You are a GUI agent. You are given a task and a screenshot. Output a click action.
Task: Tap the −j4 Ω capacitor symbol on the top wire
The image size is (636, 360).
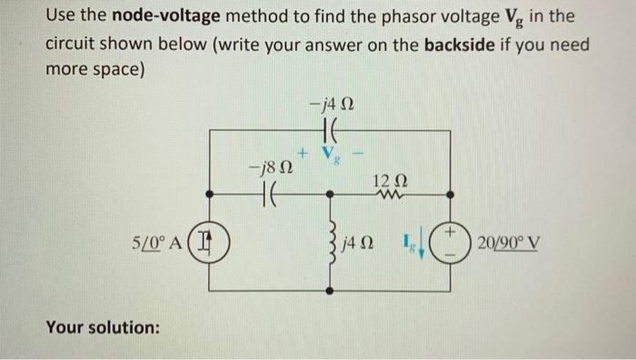pyautogui.click(x=330, y=131)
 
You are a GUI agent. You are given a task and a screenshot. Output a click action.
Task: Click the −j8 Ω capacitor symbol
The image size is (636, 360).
pyautogui.click(x=270, y=194)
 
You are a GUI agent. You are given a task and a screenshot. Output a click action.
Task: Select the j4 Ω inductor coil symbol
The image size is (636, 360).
pyautogui.click(x=332, y=244)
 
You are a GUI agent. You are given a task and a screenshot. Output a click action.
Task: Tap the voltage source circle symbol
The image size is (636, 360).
pyautogui.click(x=451, y=244)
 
